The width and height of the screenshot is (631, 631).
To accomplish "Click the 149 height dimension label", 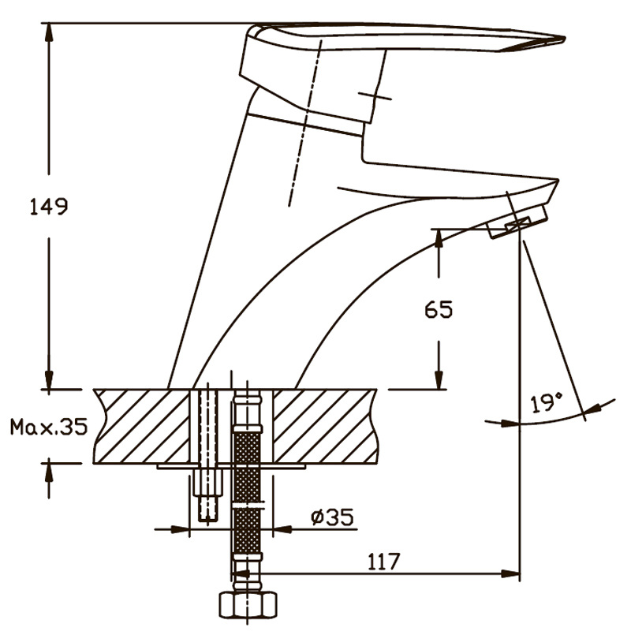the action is [x=49, y=207].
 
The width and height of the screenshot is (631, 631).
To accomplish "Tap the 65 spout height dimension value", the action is [x=439, y=309].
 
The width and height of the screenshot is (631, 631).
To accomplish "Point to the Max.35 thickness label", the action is [x=49, y=427].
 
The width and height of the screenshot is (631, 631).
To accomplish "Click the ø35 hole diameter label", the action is [x=332, y=517].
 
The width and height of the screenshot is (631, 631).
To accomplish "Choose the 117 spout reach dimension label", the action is [x=384, y=562].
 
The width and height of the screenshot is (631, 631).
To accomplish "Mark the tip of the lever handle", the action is [x=564, y=39].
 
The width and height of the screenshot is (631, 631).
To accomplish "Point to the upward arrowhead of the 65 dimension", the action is [x=439, y=239].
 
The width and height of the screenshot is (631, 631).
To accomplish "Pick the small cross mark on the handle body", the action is [x=374, y=96].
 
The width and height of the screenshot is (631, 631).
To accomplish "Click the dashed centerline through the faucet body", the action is [x=305, y=123].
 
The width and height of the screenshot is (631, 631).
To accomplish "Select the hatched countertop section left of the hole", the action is [x=141, y=426].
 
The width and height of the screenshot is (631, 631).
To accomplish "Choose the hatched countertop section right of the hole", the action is [x=325, y=426].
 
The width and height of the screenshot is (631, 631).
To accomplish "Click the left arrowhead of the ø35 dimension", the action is [x=180, y=529].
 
